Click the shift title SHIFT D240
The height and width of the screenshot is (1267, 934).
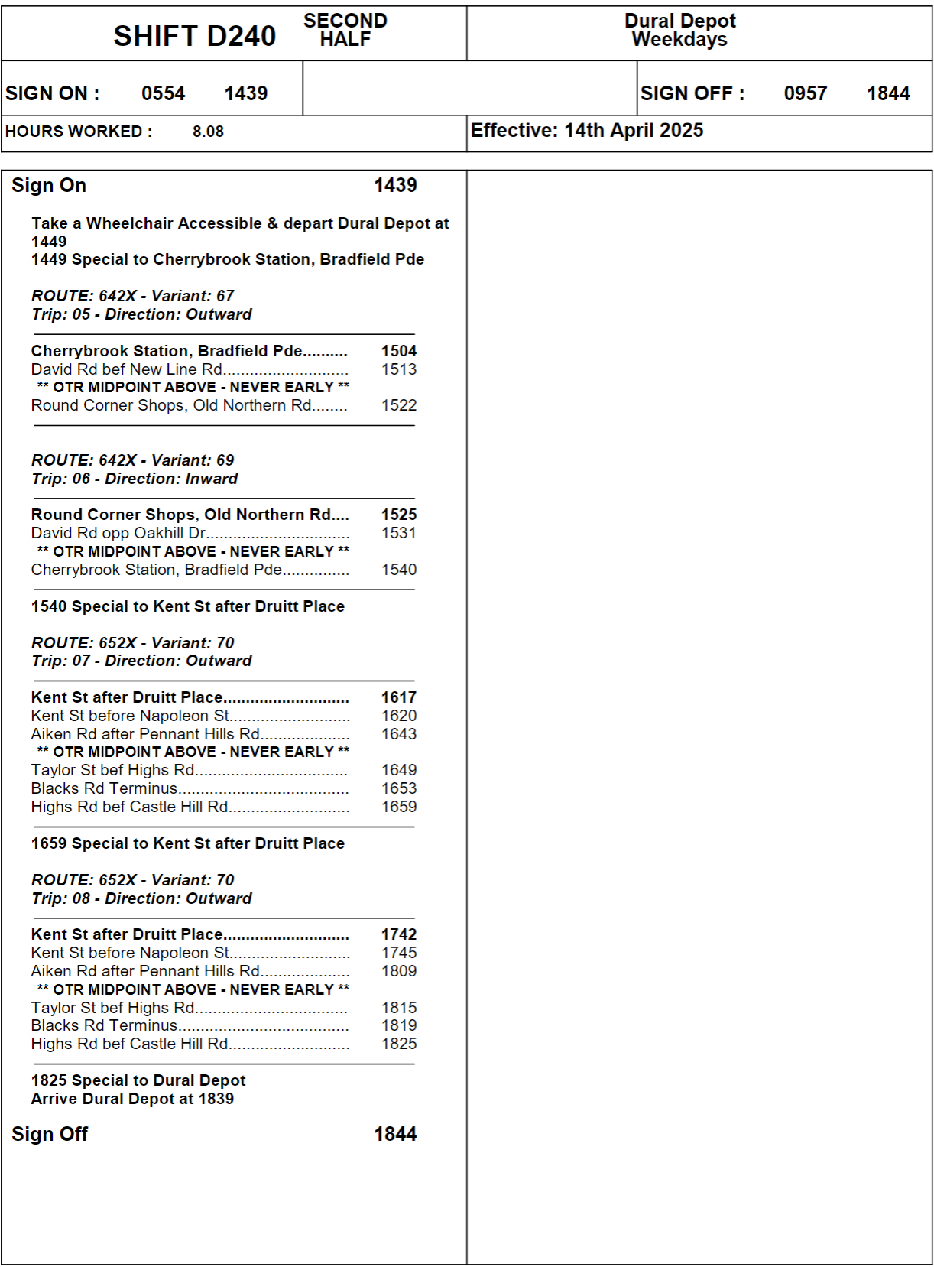(194, 36)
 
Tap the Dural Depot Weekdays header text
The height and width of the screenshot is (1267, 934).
(679, 31)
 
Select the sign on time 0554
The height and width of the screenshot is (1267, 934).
(163, 93)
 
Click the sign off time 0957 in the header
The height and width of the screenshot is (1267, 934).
(805, 93)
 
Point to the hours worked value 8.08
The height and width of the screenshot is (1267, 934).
(208, 132)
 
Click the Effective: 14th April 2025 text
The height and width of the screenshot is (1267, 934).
(586, 130)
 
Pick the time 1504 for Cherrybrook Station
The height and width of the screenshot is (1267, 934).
(399, 351)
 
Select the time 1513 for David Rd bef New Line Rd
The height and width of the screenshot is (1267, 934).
(399, 369)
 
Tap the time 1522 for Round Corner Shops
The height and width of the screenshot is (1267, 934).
(399, 405)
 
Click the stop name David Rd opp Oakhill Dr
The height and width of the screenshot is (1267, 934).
(118, 533)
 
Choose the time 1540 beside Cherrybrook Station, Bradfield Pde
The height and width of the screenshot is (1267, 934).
(399, 570)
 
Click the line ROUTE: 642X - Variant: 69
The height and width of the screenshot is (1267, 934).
(132, 460)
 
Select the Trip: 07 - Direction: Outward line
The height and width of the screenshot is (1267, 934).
(141, 661)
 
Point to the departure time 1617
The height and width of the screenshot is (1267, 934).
(399, 697)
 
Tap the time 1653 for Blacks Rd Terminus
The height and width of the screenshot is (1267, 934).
(399, 788)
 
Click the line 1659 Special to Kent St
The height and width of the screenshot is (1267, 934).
(187, 843)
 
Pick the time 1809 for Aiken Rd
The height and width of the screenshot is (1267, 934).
(399, 971)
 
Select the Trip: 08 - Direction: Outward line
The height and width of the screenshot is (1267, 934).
(141, 898)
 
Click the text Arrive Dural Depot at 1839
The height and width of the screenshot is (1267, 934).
(132, 1099)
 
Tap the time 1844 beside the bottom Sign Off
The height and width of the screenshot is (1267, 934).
(395, 1134)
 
